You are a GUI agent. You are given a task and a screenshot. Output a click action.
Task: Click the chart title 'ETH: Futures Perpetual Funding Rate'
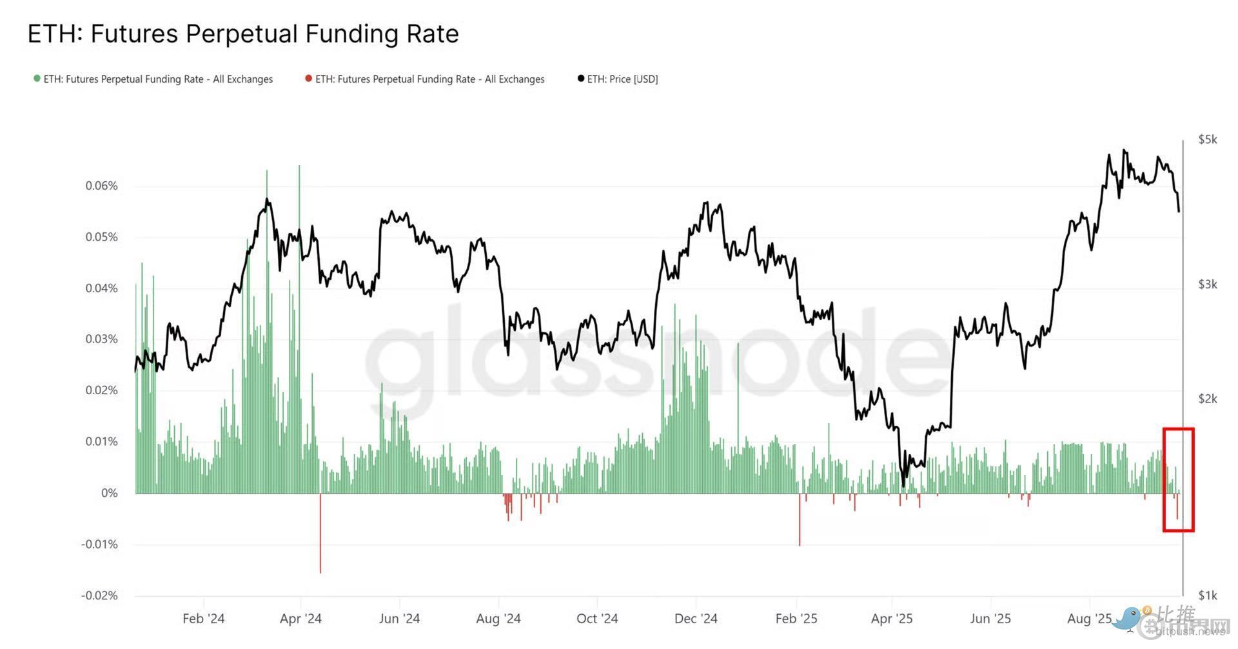[243, 34]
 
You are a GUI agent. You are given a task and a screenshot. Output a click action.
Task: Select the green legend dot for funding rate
[37, 79]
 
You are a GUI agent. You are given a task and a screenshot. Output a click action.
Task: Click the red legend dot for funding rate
[309, 79]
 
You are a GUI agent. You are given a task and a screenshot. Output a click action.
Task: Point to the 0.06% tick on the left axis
[102, 186]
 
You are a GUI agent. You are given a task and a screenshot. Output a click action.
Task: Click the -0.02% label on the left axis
[99, 595]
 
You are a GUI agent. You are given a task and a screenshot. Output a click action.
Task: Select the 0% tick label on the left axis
[110, 493]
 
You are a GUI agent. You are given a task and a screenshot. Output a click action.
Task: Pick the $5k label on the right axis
[1208, 139]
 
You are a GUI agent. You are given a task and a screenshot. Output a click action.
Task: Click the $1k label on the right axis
[1208, 595]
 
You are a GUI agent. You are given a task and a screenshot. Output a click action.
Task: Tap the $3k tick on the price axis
[1208, 284]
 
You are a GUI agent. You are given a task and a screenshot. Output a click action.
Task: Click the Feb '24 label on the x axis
[203, 618]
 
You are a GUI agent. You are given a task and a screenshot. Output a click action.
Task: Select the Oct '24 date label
[597, 618]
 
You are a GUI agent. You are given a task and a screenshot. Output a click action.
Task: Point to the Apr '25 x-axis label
[892, 618]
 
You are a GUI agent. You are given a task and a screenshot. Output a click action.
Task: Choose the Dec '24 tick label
[696, 618]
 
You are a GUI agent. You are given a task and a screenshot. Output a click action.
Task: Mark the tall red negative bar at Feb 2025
[800, 521]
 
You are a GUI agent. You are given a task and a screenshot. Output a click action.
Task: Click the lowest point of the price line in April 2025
[903, 485]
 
